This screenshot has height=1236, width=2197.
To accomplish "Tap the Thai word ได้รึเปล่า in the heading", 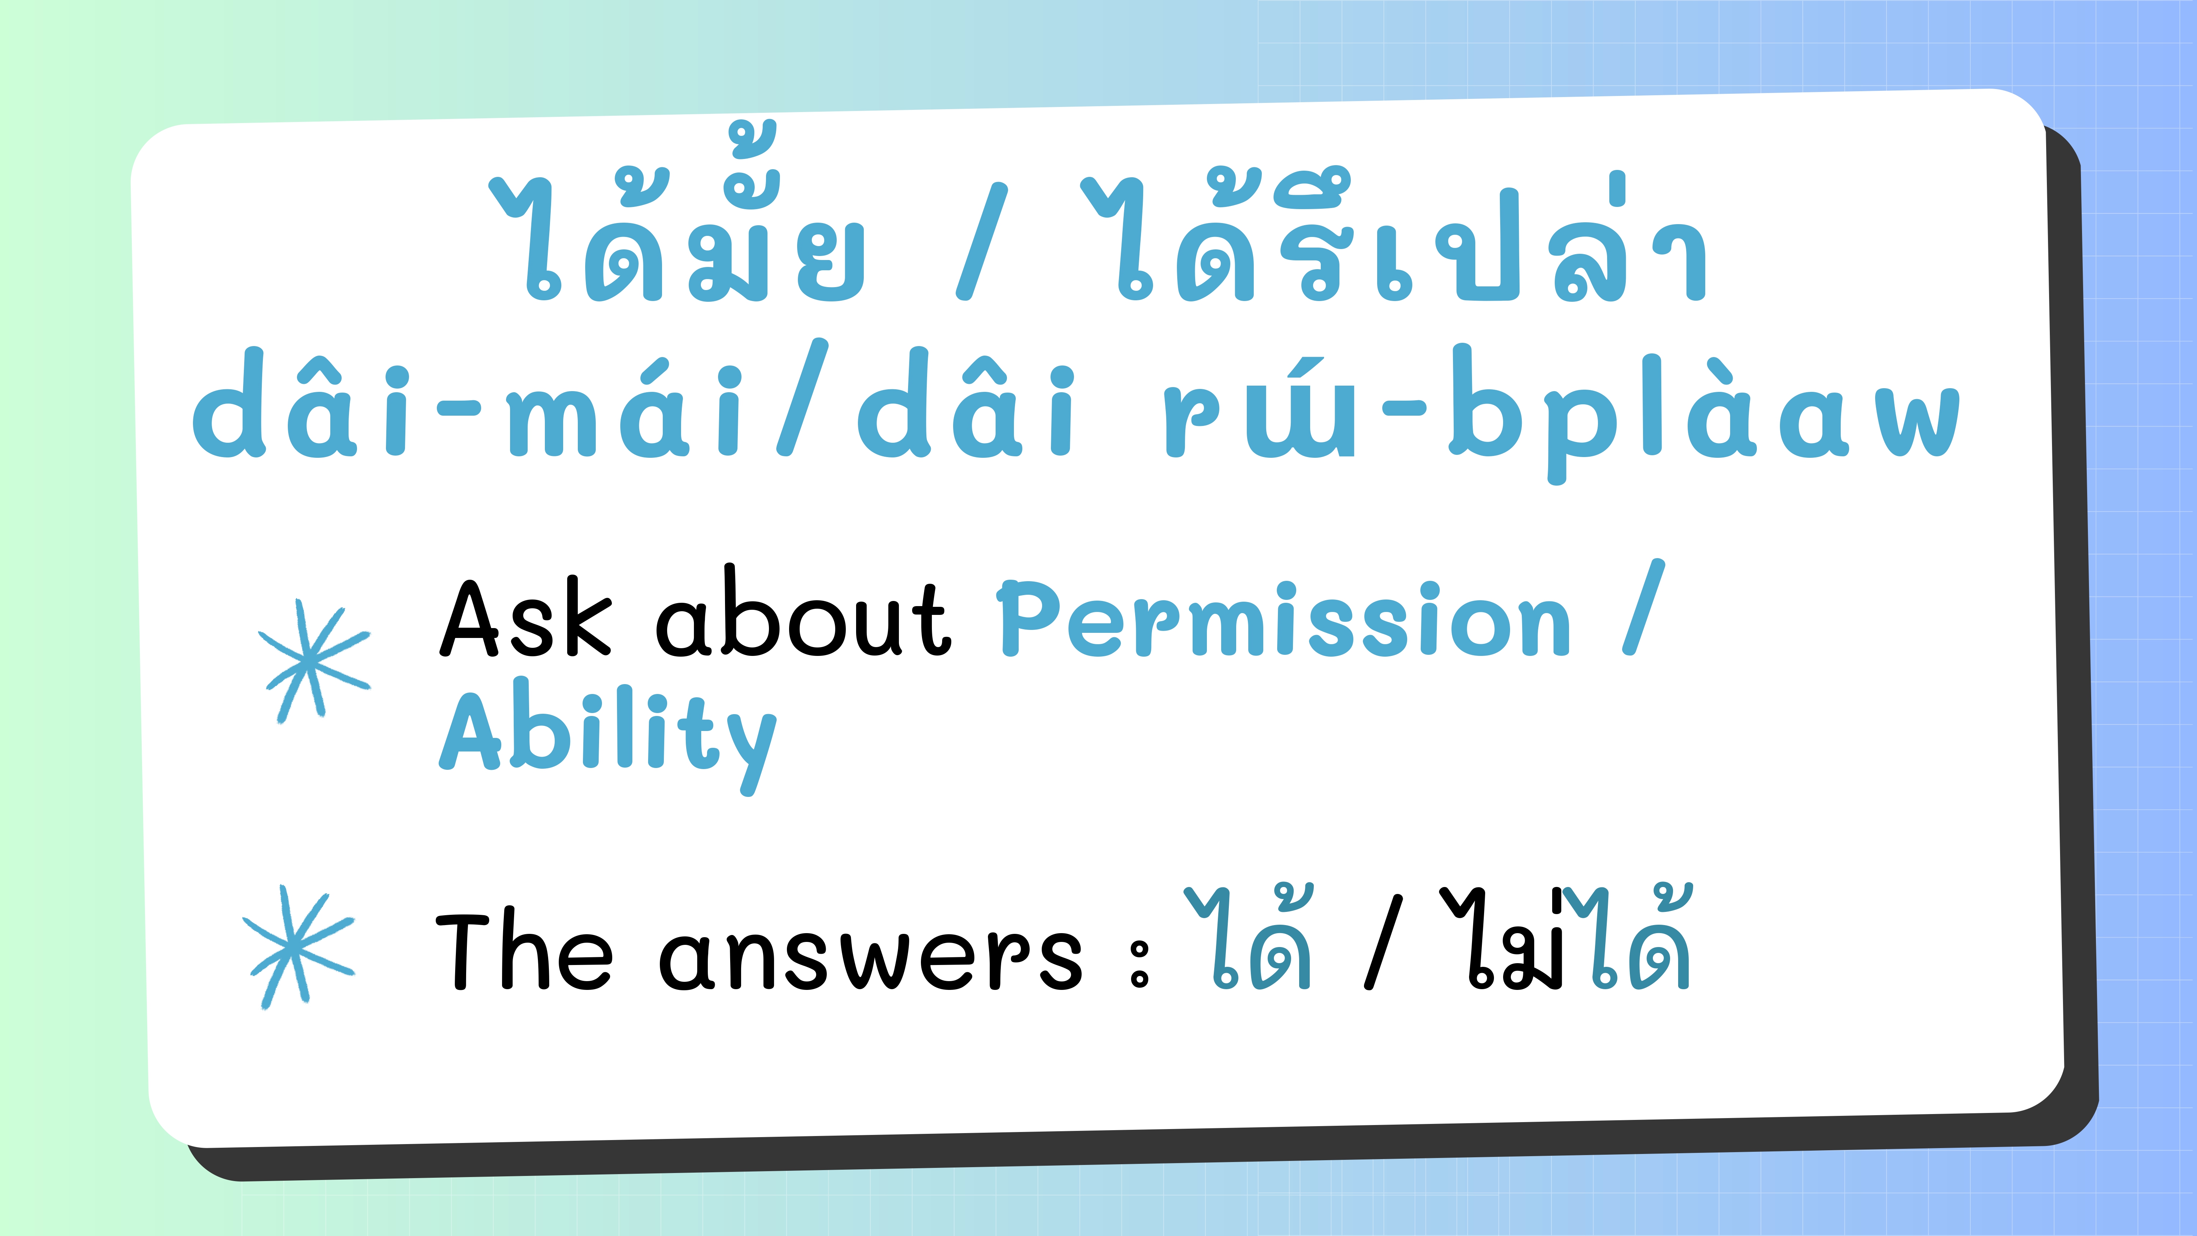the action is (x=1394, y=235).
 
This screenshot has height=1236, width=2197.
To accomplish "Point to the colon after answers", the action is (x=1140, y=964).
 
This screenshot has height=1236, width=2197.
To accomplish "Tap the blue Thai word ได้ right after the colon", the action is (x=1249, y=938).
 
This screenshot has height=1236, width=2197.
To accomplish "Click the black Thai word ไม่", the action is (x=1503, y=938).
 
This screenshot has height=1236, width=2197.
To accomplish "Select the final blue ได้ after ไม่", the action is (x=1629, y=938).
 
